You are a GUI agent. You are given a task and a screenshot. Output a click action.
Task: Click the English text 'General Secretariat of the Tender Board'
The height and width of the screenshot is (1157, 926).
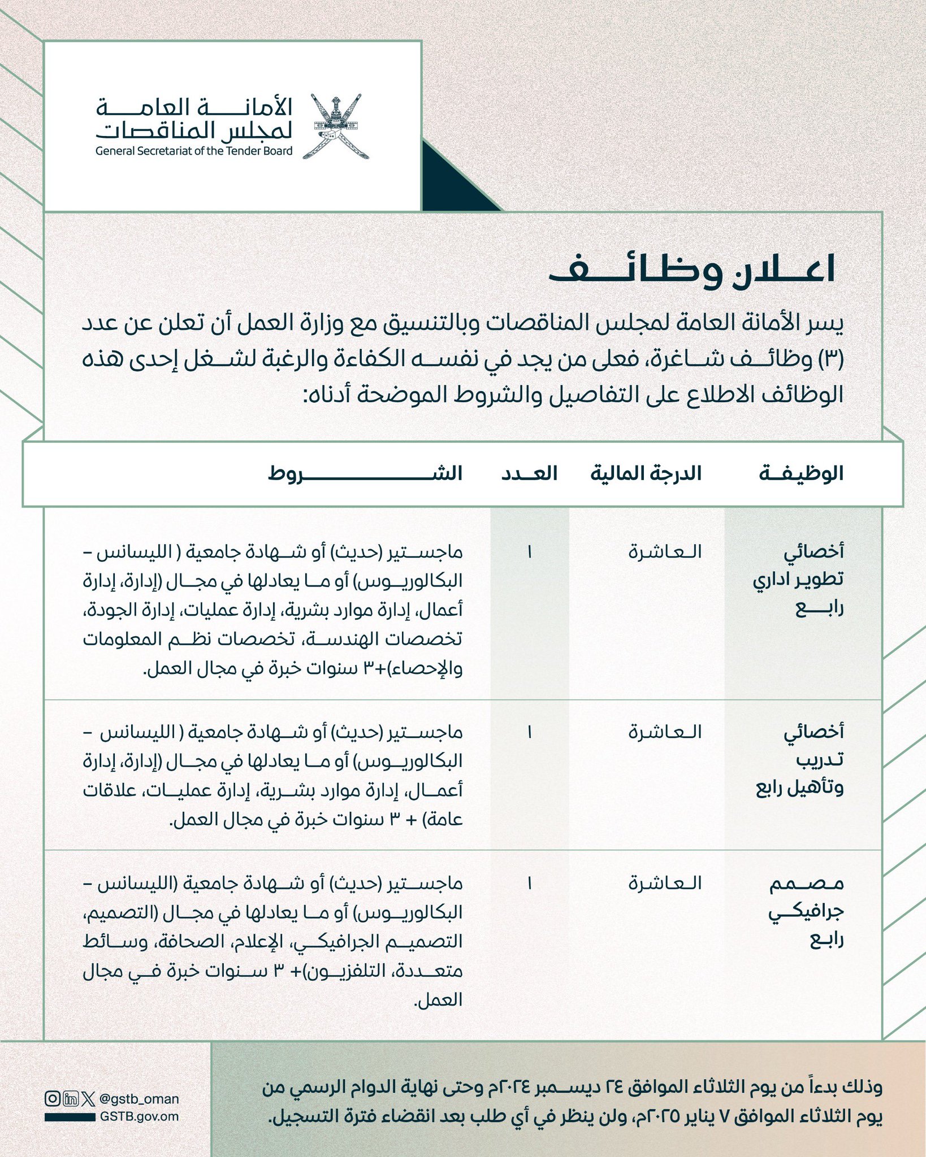click(194, 151)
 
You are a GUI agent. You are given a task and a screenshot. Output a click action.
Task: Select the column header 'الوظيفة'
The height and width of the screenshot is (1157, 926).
click(800, 473)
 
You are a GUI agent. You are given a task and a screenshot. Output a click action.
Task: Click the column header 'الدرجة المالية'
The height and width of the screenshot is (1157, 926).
click(646, 473)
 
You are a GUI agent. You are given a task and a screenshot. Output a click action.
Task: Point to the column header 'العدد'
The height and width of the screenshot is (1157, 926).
click(529, 473)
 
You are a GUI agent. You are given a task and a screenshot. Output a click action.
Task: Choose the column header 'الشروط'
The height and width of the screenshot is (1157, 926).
click(365, 473)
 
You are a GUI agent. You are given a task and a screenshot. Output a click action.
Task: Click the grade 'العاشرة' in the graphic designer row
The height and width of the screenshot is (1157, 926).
click(665, 883)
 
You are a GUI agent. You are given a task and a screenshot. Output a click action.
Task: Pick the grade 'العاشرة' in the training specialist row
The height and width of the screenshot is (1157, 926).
click(665, 732)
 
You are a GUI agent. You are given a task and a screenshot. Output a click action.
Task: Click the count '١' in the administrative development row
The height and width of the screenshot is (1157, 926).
click(529, 552)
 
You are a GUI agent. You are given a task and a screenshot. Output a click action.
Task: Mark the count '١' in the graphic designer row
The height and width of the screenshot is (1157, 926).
click(529, 883)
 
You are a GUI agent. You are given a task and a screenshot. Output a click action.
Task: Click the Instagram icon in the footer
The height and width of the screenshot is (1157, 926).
click(52, 1099)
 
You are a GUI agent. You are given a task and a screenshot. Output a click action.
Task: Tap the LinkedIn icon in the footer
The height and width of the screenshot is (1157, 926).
click(71, 1099)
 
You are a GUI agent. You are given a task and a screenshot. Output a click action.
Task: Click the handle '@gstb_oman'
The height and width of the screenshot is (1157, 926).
click(139, 1099)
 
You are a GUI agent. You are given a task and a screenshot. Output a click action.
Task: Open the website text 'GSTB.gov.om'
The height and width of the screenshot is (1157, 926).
click(139, 1116)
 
